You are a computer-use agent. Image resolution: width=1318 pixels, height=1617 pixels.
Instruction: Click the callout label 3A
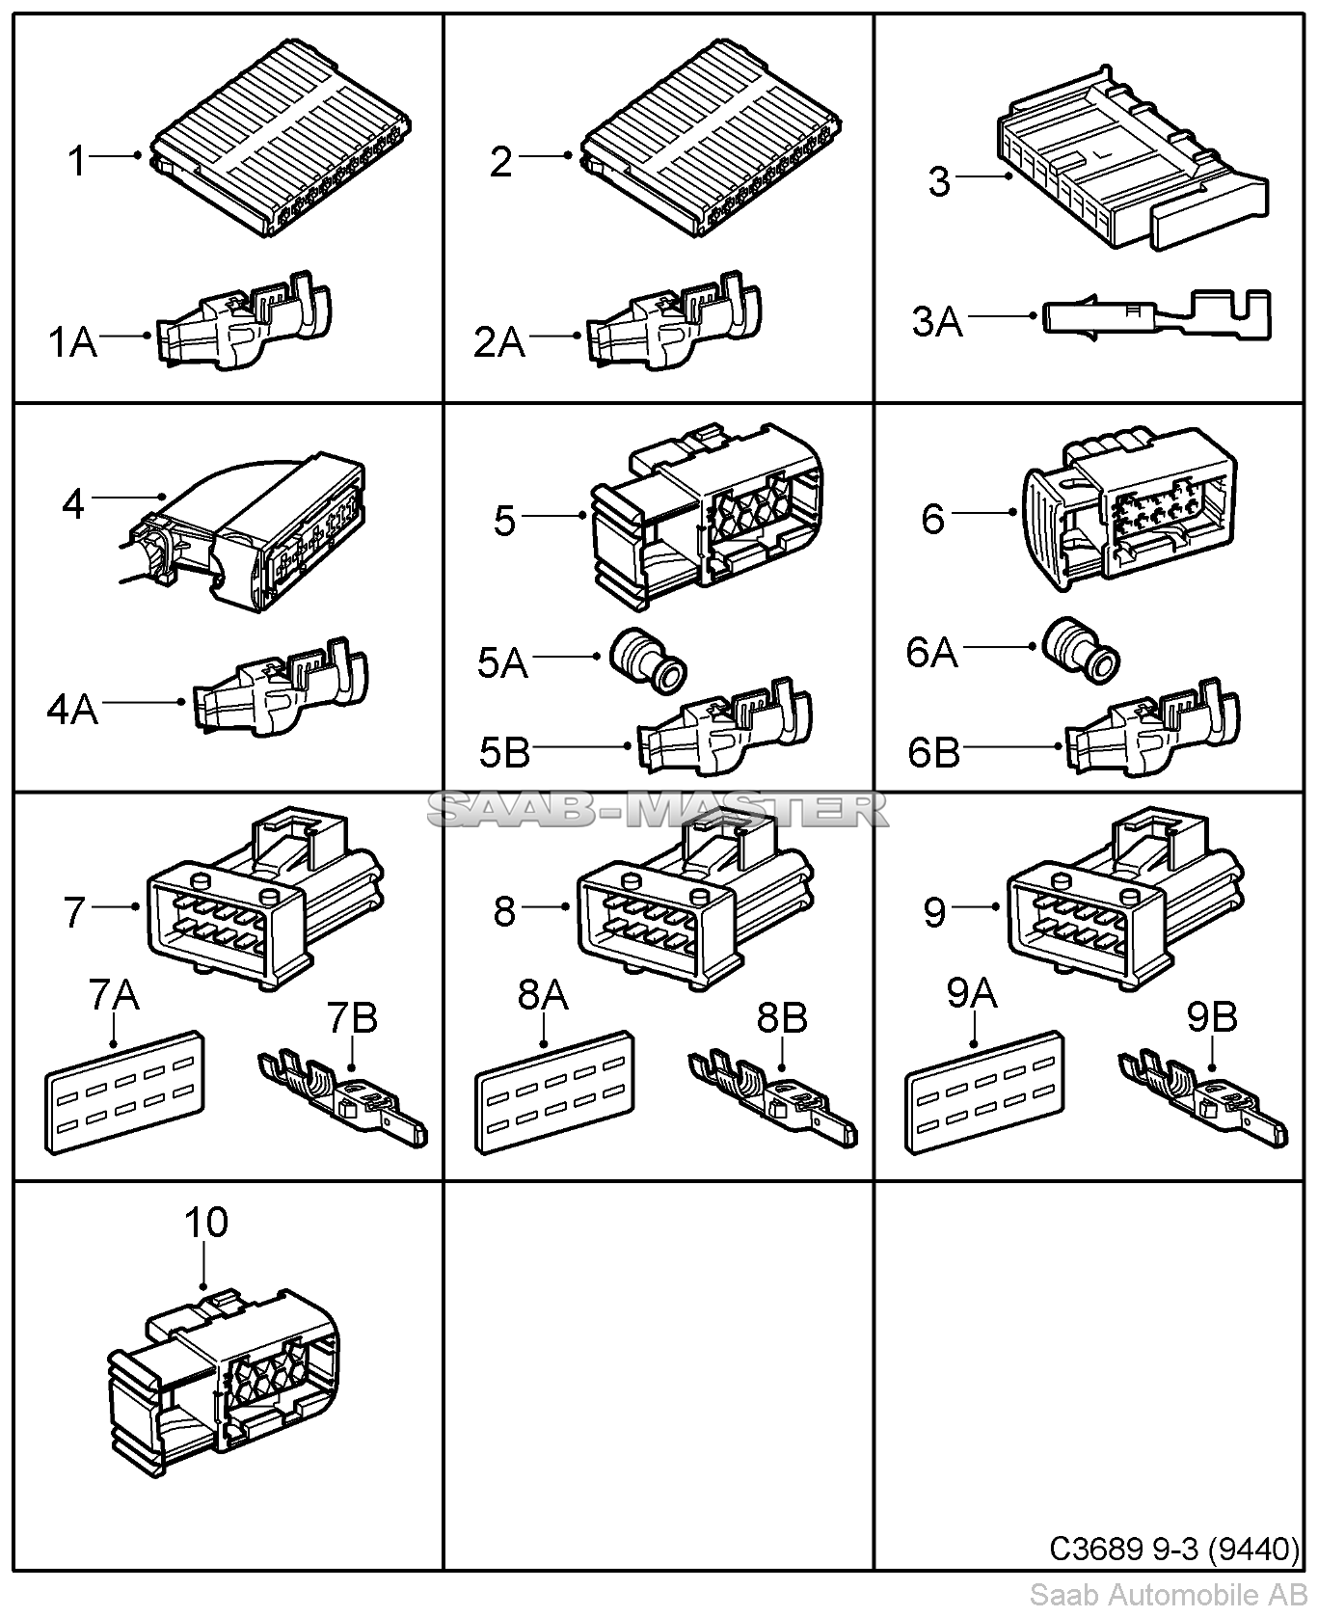[937, 321]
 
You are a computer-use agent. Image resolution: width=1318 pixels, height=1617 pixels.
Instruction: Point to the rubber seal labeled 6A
[1080, 651]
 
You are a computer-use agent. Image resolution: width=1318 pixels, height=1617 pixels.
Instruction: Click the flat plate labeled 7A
[126, 1091]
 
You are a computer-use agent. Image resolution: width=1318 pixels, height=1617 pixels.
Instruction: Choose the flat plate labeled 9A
[985, 1091]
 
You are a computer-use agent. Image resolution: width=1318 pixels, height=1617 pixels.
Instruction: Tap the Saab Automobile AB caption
[1168, 1594]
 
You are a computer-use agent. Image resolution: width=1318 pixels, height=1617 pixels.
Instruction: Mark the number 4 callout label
[73, 504]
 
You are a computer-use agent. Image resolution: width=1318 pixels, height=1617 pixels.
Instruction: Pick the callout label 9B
[1212, 1016]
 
